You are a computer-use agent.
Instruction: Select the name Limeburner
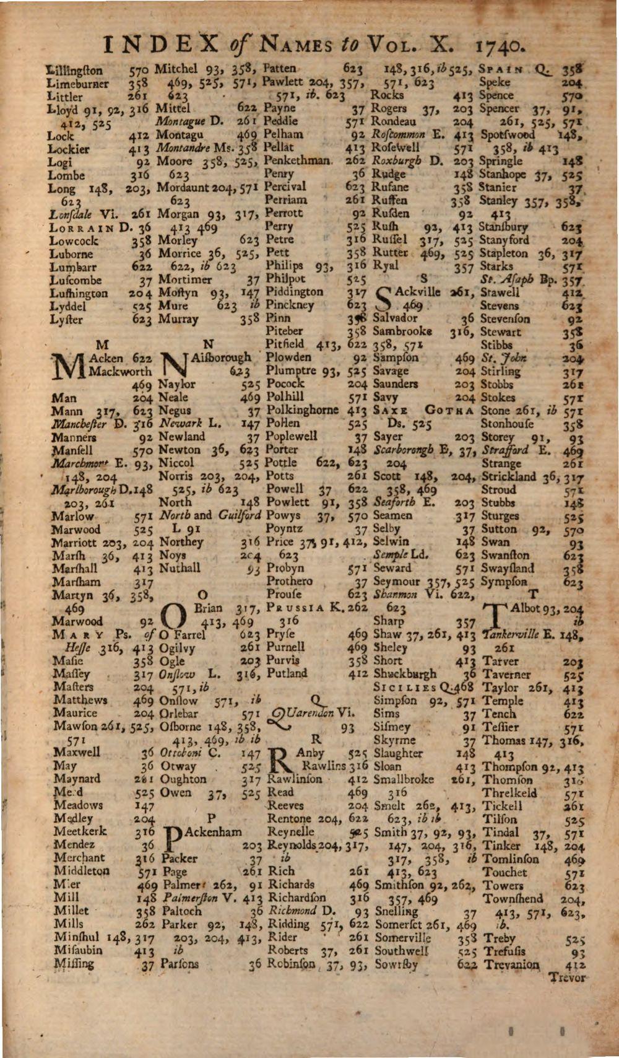pos(78,84)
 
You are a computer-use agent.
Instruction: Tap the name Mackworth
pos(121,372)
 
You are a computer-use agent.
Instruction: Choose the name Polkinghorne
pos(303,410)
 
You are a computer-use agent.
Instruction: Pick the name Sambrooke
pos(402,331)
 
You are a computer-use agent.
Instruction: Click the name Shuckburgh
pos(405,674)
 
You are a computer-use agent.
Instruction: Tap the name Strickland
pos(509,477)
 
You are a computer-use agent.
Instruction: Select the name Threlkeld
pos(509,793)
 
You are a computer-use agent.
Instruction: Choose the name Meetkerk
pos(80,831)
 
